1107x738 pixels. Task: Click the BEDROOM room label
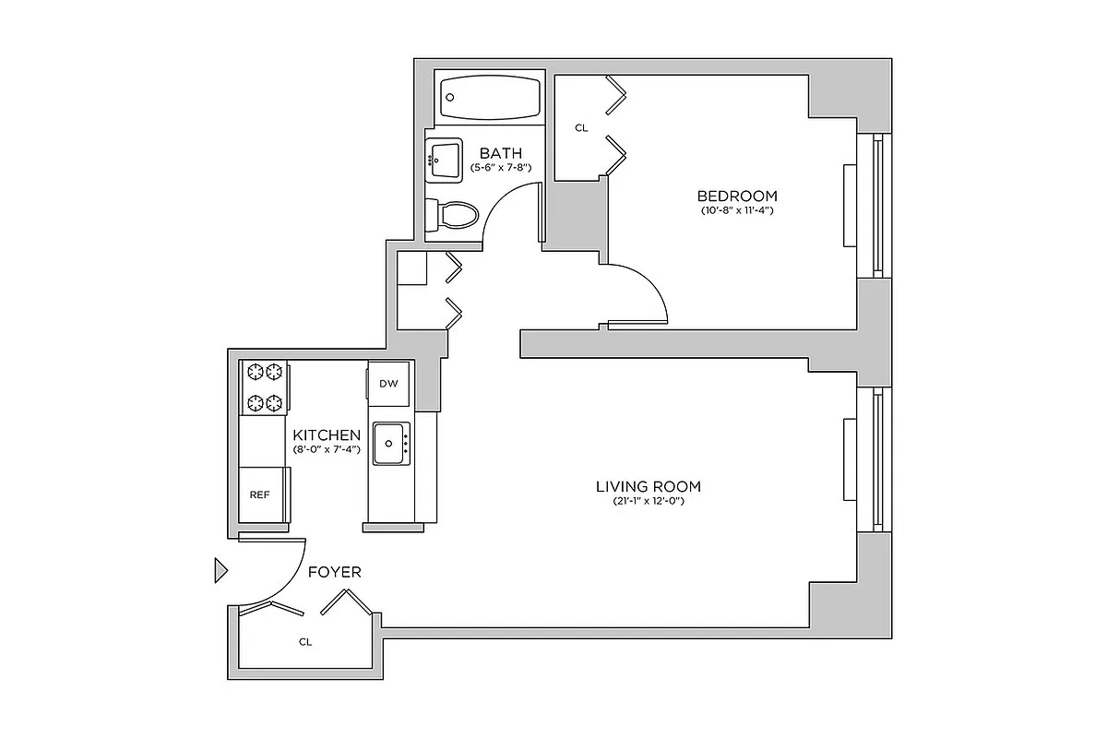(x=736, y=196)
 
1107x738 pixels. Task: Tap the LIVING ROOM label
(x=648, y=486)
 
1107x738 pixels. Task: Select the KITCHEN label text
(x=326, y=434)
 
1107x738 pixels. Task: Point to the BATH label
(x=500, y=153)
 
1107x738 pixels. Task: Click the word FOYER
(x=335, y=572)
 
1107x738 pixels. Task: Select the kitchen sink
(x=391, y=445)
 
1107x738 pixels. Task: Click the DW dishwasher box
(x=388, y=384)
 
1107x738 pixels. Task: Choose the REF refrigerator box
(x=260, y=494)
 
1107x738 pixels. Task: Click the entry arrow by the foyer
(x=220, y=571)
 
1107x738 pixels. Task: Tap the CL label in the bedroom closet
(x=581, y=128)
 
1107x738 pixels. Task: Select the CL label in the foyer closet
(x=305, y=641)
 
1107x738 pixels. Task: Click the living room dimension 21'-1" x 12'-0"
(x=648, y=502)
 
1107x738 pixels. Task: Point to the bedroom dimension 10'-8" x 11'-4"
(x=736, y=211)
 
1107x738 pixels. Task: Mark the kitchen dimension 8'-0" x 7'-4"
(x=326, y=450)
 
